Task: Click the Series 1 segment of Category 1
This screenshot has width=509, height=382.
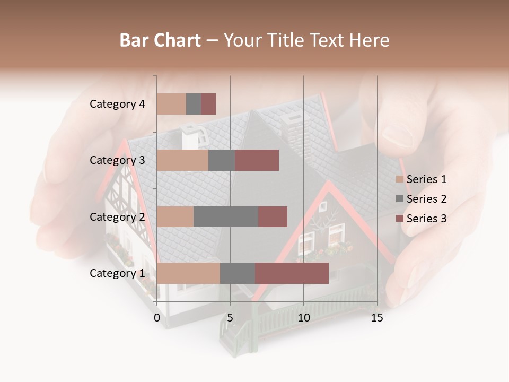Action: pyautogui.click(x=188, y=273)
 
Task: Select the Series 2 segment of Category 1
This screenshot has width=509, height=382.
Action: pyautogui.click(x=238, y=273)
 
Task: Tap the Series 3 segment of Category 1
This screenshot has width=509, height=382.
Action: pyautogui.click(x=292, y=273)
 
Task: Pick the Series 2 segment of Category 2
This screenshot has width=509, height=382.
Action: pyautogui.click(x=226, y=216)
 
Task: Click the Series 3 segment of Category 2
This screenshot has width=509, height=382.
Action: pyautogui.click(x=273, y=216)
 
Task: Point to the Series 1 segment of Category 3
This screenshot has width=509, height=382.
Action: pyautogui.click(x=182, y=160)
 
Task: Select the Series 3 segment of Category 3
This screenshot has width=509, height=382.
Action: pyautogui.click(x=257, y=160)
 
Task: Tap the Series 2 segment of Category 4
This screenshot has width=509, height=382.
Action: pyautogui.click(x=194, y=104)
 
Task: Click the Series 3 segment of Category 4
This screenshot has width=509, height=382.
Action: pyautogui.click(x=208, y=104)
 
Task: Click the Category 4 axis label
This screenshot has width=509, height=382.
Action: pyautogui.click(x=117, y=104)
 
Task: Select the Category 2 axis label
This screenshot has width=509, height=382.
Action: pyautogui.click(x=117, y=216)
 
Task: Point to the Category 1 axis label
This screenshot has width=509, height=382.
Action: pyautogui.click(x=117, y=273)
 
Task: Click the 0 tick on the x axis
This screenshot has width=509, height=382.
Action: pyautogui.click(x=157, y=318)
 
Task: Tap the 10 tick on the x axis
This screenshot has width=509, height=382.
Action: pyautogui.click(x=303, y=318)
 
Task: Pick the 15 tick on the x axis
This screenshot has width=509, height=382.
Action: pyautogui.click(x=377, y=318)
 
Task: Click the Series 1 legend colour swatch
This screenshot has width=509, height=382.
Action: pyautogui.click(x=400, y=179)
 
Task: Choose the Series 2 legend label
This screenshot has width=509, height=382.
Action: pyautogui.click(x=426, y=199)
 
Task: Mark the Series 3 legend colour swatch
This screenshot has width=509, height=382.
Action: pyautogui.click(x=400, y=219)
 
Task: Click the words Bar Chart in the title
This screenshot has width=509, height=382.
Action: pyautogui.click(x=160, y=40)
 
